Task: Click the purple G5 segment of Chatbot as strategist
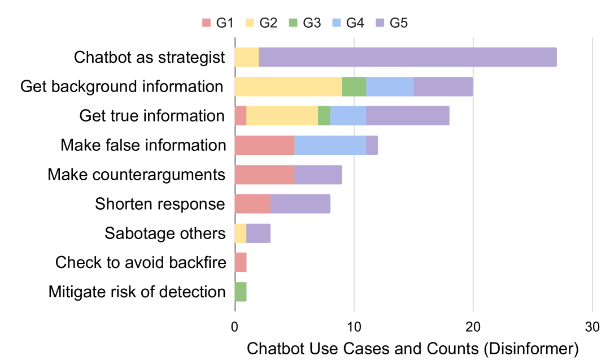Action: coord(407,57)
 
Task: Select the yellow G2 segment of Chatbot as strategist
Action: coord(247,57)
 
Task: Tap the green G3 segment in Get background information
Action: coord(354,86)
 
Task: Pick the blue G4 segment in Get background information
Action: coord(390,86)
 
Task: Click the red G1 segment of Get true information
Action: coord(241,116)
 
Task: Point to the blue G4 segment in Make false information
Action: coord(330,145)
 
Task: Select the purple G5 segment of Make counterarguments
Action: coord(318,175)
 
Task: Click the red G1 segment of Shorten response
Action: coord(252,204)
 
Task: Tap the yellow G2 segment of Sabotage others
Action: coord(241,233)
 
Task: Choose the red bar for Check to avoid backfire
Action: coord(241,263)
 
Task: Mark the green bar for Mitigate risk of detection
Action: coord(241,292)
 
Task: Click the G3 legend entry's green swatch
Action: coord(294,23)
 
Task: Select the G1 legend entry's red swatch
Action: coord(206,23)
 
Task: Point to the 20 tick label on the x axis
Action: coord(473,327)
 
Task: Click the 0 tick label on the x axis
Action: coord(235,327)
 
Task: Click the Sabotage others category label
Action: coord(165,233)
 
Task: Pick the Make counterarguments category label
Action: coord(136,175)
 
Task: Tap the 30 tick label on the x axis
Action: coord(591,327)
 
